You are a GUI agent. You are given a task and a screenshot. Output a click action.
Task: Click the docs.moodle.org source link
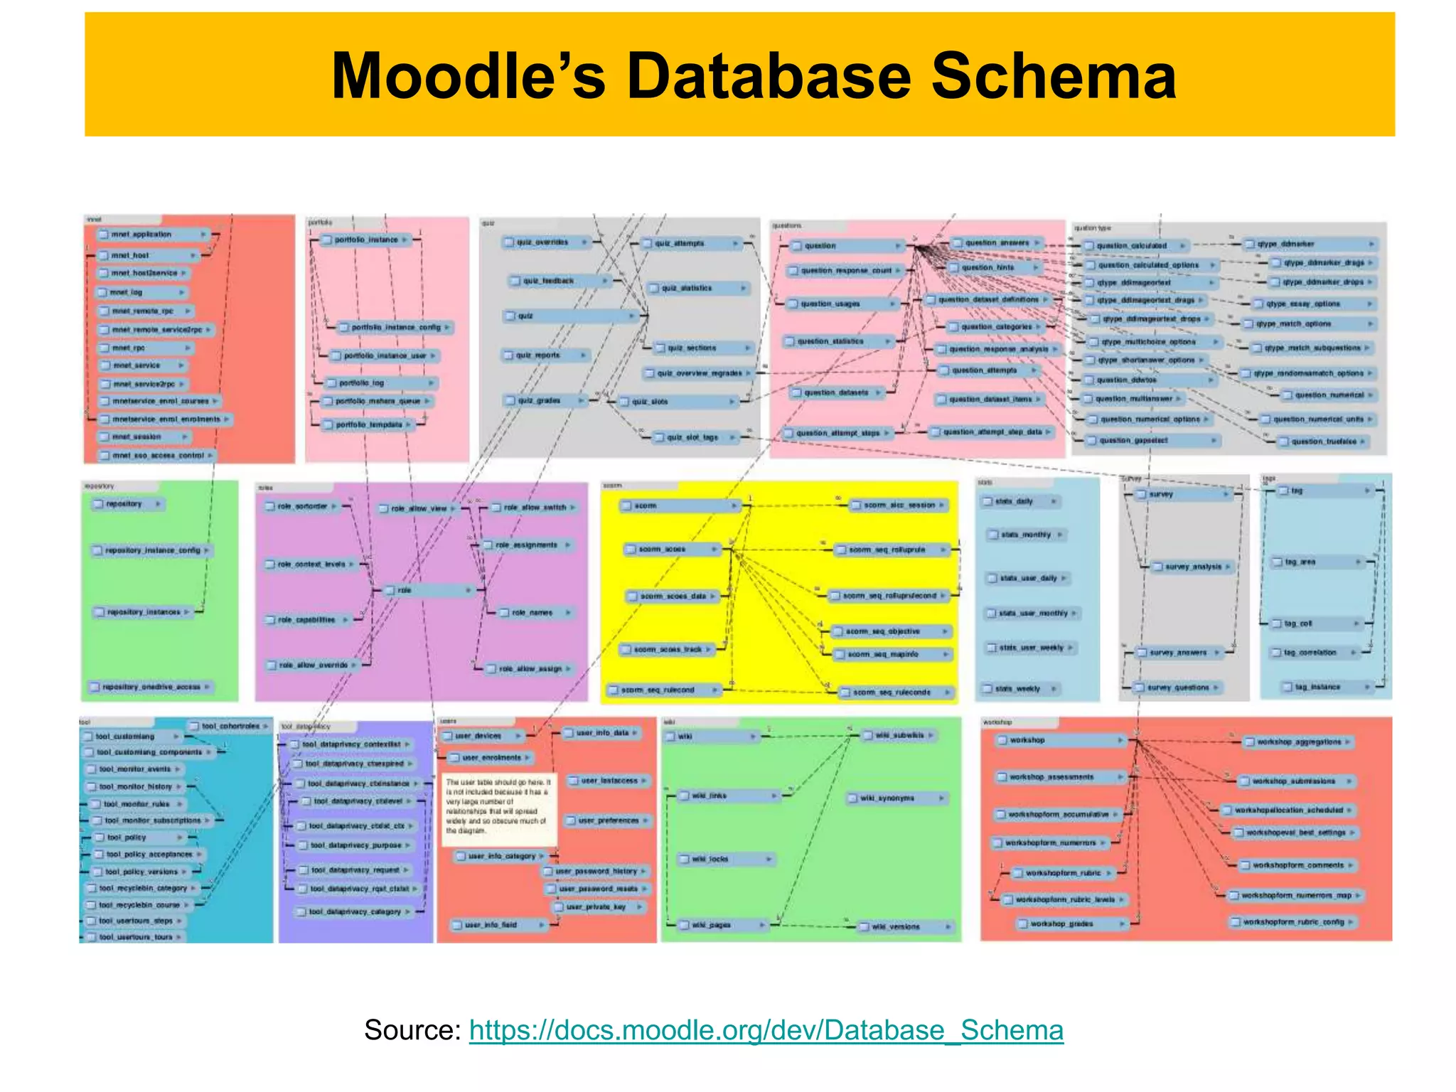766,1029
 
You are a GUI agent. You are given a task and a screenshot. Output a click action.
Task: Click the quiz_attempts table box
690,243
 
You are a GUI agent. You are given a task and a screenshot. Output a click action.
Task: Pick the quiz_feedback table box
559,281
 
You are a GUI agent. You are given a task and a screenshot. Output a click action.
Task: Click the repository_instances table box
143,612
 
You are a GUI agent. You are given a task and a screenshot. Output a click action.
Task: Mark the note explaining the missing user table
498,810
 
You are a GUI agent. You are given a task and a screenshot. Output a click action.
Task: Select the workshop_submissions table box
1294,781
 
